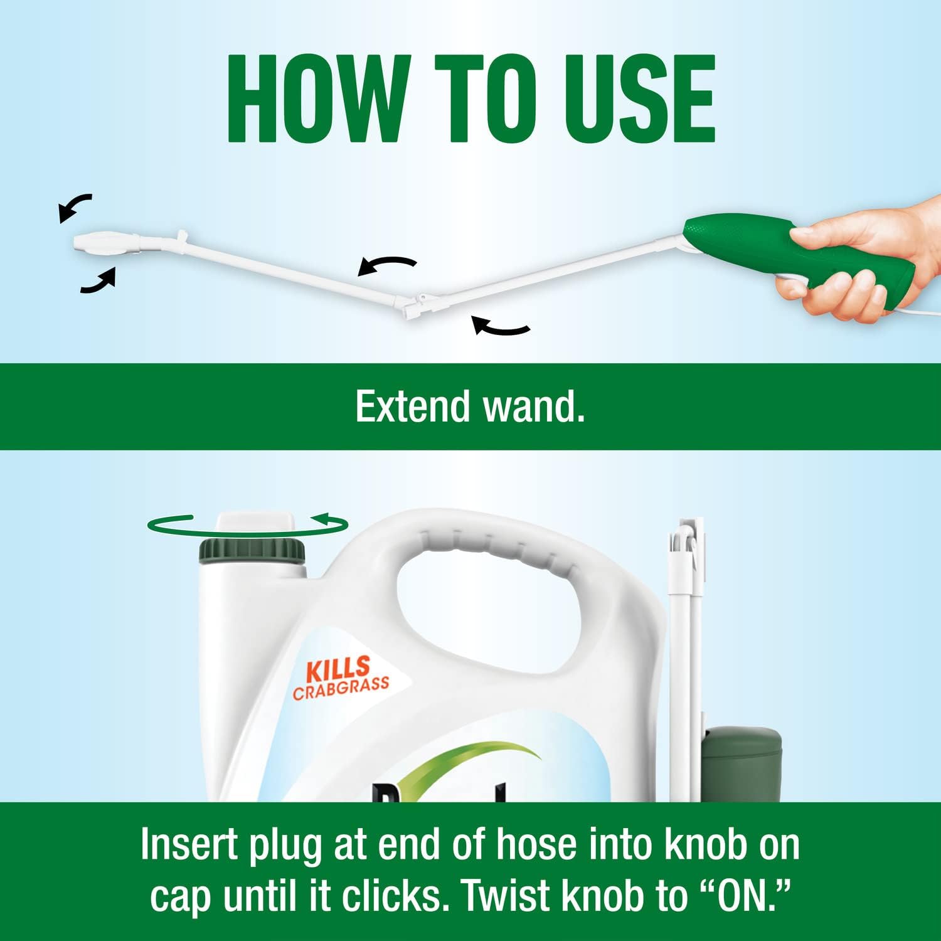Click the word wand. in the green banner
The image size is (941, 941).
point(533,407)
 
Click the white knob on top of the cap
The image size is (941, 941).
point(254,524)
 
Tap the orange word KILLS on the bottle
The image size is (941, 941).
point(338,669)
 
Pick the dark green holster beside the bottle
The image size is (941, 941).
point(742,762)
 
